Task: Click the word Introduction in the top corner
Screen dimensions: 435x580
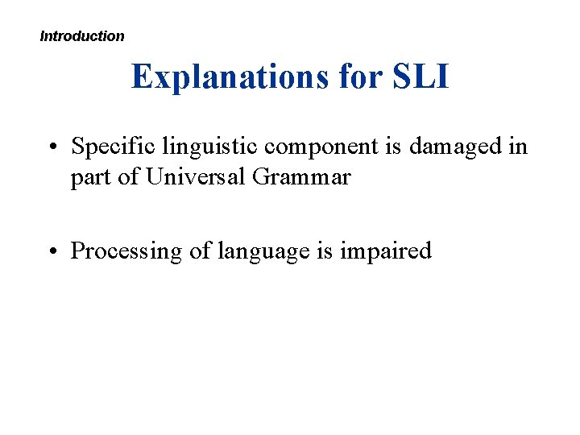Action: coord(82,36)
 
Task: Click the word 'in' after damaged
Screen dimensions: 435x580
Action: coord(519,147)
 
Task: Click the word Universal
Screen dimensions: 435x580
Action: coord(196,176)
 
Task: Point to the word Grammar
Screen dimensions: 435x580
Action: coord(301,176)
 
